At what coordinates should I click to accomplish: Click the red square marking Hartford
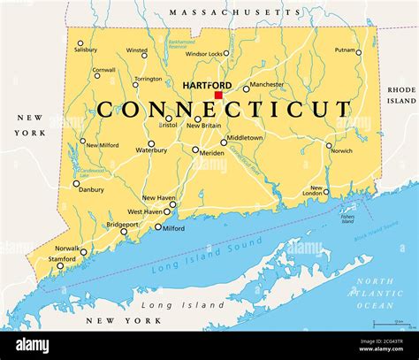pyautogui.click(x=218, y=95)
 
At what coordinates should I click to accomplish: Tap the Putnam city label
pyautogui.click(x=346, y=51)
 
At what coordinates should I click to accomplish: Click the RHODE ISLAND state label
pyautogui.click(x=400, y=95)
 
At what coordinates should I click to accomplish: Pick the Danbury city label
pyautogui.click(x=91, y=189)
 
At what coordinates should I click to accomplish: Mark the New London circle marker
pyautogui.click(x=326, y=191)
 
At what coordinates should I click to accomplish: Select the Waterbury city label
pyautogui.click(x=151, y=150)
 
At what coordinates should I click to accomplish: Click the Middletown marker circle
pyautogui.click(x=224, y=142)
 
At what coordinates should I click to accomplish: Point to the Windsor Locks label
pyautogui.click(x=204, y=54)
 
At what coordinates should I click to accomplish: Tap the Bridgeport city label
pyautogui.click(x=123, y=225)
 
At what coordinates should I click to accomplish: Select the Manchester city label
pyautogui.click(x=266, y=85)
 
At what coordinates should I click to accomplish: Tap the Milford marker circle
pyautogui.click(x=158, y=227)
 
